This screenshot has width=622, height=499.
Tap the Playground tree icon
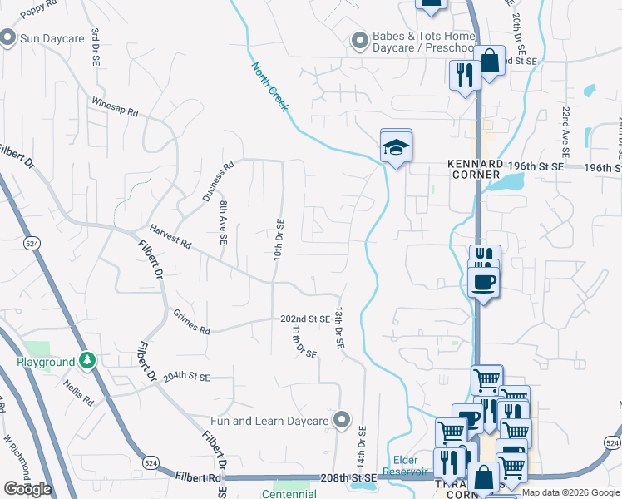click(86, 362)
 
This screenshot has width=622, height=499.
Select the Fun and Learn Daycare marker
click(340, 420)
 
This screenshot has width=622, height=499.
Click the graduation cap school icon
click(397, 148)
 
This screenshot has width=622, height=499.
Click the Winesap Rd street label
click(115, 110)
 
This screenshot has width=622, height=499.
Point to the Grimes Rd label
click(192, 321)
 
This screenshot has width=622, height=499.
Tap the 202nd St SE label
click(305, 319)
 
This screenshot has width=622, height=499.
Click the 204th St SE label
click(187, 377)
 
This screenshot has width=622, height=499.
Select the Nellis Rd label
click(79, 390)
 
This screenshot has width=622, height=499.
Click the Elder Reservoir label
click(405, 466)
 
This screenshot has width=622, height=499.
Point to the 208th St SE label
click(349, 478)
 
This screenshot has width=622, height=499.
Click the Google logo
click(27, 489)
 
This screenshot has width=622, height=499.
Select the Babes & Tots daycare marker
click(359, 40)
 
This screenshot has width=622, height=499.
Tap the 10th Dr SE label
click(279, 238)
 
